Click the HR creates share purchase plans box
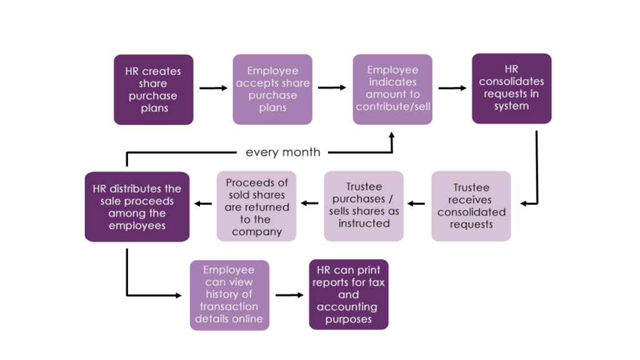[153, 89]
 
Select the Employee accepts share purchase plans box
[272, 89]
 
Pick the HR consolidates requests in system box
[511, 88]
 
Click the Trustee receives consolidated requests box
[471, 206]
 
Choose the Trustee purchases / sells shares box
[364, 206]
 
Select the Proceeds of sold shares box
[256, 206]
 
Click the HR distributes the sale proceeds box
[137, 206]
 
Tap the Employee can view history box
[229, 295]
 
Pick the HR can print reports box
[349, 294]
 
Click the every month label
[282, 152]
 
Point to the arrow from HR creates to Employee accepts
[213, 89]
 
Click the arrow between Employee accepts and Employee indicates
[332, 88]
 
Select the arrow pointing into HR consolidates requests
[452, 88]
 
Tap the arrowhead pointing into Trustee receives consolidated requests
[526, 203]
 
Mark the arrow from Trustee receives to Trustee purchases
[416, 203]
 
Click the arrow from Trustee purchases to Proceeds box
[310, 203]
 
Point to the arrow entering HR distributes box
[202, 203]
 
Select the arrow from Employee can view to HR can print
[289, 294]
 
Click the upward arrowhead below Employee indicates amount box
[392, 136]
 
